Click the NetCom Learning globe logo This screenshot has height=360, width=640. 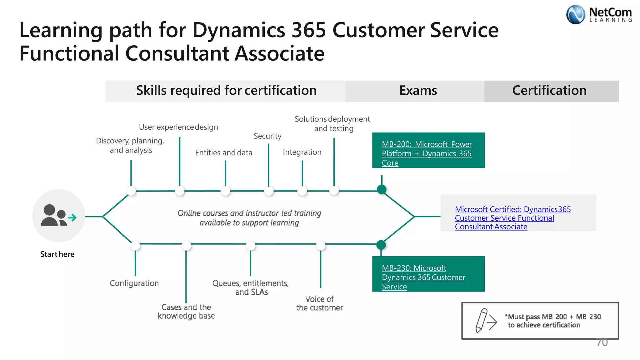[x=575, y=14]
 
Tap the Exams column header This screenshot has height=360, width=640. [x=418, y=91]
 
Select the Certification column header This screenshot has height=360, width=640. [x=549, y=91]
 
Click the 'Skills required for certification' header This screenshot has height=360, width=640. [x=226, y=91]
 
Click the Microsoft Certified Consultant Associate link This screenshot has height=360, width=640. [x=512, y=218]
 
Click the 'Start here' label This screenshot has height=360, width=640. [x=57, y=254]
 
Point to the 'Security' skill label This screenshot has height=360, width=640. [x=267, y=136]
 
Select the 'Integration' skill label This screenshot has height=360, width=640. [x=302, y=152]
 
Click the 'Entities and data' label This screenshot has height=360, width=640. [x=223, y=152]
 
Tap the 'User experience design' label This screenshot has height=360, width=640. [x=178, y=127]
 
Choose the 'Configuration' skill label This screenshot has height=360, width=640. [x=134, y=283]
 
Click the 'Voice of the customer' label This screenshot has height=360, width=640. [x=319, y=303]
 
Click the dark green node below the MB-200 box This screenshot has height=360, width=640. [x=382, y=189]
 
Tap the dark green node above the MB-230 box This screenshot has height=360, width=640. [x=381, y=245]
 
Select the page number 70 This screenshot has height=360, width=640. [x=602, y=342]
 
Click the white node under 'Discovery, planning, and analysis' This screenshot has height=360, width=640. [x=131, y=191]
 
